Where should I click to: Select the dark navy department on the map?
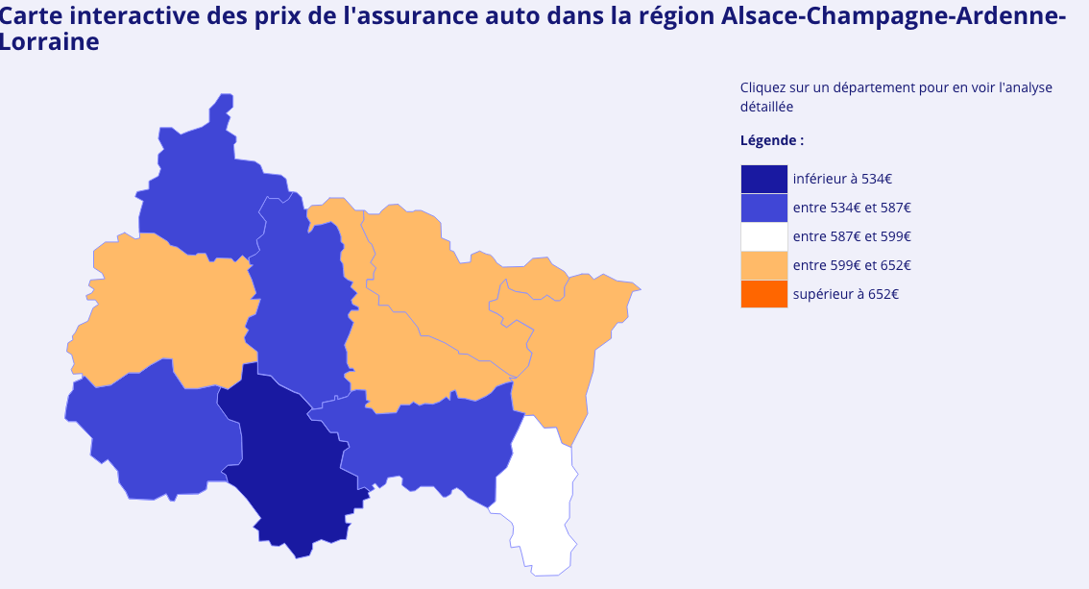pyautogui.click(x=288, y=461)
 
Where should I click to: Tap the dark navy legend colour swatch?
pyautogui.click(x=763, y=179)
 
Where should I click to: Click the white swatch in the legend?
pyautogui.click(x=763, y=236)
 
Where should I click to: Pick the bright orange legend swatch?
pyautogui.click(x=763, y=294)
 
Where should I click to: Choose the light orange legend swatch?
pyautogui.click(x=763, y=265)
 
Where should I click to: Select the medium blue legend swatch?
pyautogui.click(x=763, y=208)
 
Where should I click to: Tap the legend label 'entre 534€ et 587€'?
pyautogui.click(x=852, y=208)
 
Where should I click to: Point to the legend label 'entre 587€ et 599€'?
pyautogui.click(x=852, y=236)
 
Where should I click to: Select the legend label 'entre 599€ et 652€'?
pyautogui.click(x=852, y=265)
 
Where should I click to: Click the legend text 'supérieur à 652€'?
pyautogui.click(x=846, y=294)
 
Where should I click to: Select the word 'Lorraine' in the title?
pyautogui.click(x=50, y=42)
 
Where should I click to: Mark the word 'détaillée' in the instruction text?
pyautogui.click(x=766, y=107)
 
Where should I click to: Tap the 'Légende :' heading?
pyautogui.click(x=772, y=140)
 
